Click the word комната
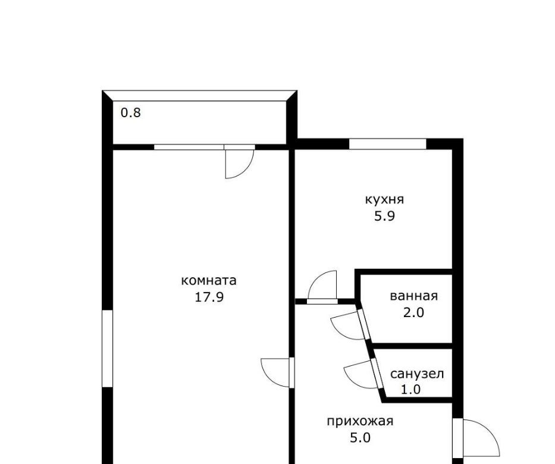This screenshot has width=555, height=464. (x=208, y=280)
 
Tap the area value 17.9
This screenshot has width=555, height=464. (x=209, y=297)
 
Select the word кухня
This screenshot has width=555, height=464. (x=384, y=199)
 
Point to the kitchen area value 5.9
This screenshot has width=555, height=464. (x=384, y=216)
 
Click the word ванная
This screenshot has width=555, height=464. (x=414, y=296)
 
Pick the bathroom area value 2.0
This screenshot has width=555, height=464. (x=413, y=312)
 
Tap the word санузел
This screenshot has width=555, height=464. (x=417, y=374)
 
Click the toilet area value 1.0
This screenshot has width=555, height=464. (x=410, y=390)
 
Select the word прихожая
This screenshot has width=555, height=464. (x=360, y=421)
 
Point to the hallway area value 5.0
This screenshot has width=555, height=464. (x=360, y=438)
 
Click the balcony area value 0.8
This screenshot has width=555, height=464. (x=131, y=113)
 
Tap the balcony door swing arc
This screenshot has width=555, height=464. (x=246, y=170)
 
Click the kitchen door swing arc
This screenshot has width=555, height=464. (x=316, y=279)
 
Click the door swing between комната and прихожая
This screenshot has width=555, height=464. (x=268, y=380)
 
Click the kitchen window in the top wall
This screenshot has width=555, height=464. (x=388, y=144)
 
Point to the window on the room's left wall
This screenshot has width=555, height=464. (x=107, y=349)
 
